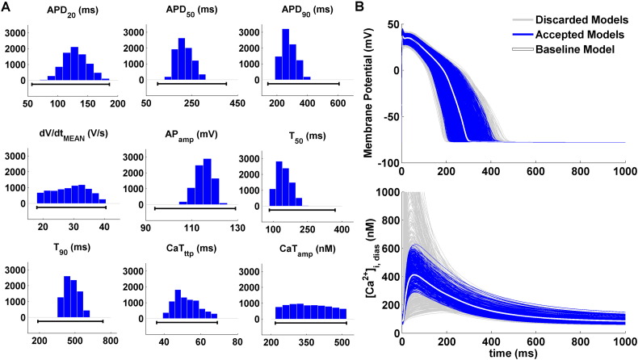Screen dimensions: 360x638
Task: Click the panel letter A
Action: pyautogui.click(x=6, y=6)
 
